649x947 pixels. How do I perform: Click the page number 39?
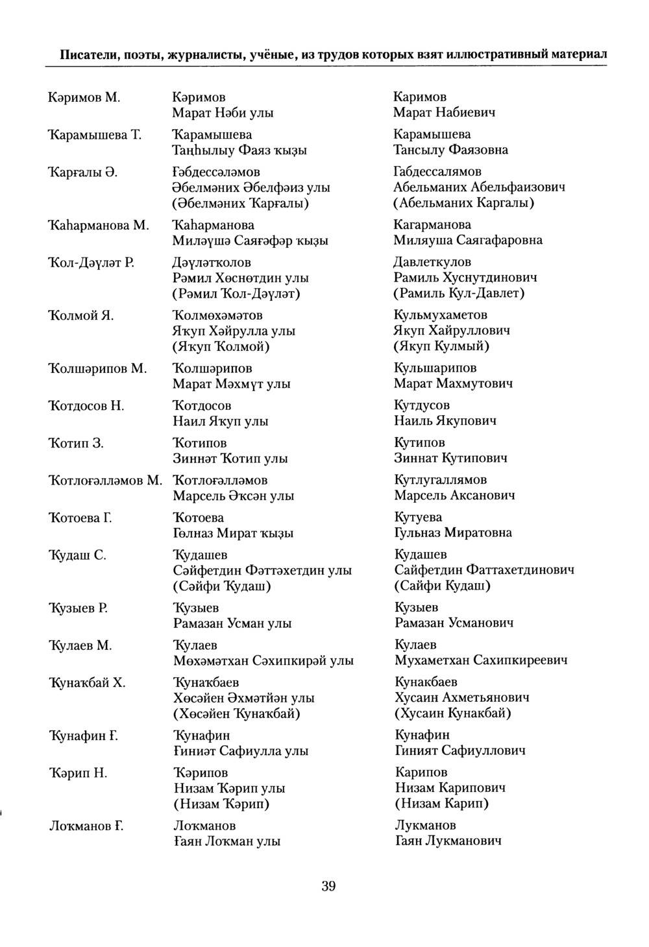(328, 886)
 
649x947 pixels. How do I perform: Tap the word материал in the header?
(579, 54)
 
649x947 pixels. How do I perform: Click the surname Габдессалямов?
(437, 171)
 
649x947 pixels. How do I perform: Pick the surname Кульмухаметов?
(441, 315)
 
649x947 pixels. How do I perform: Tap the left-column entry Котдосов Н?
(87, 406)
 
